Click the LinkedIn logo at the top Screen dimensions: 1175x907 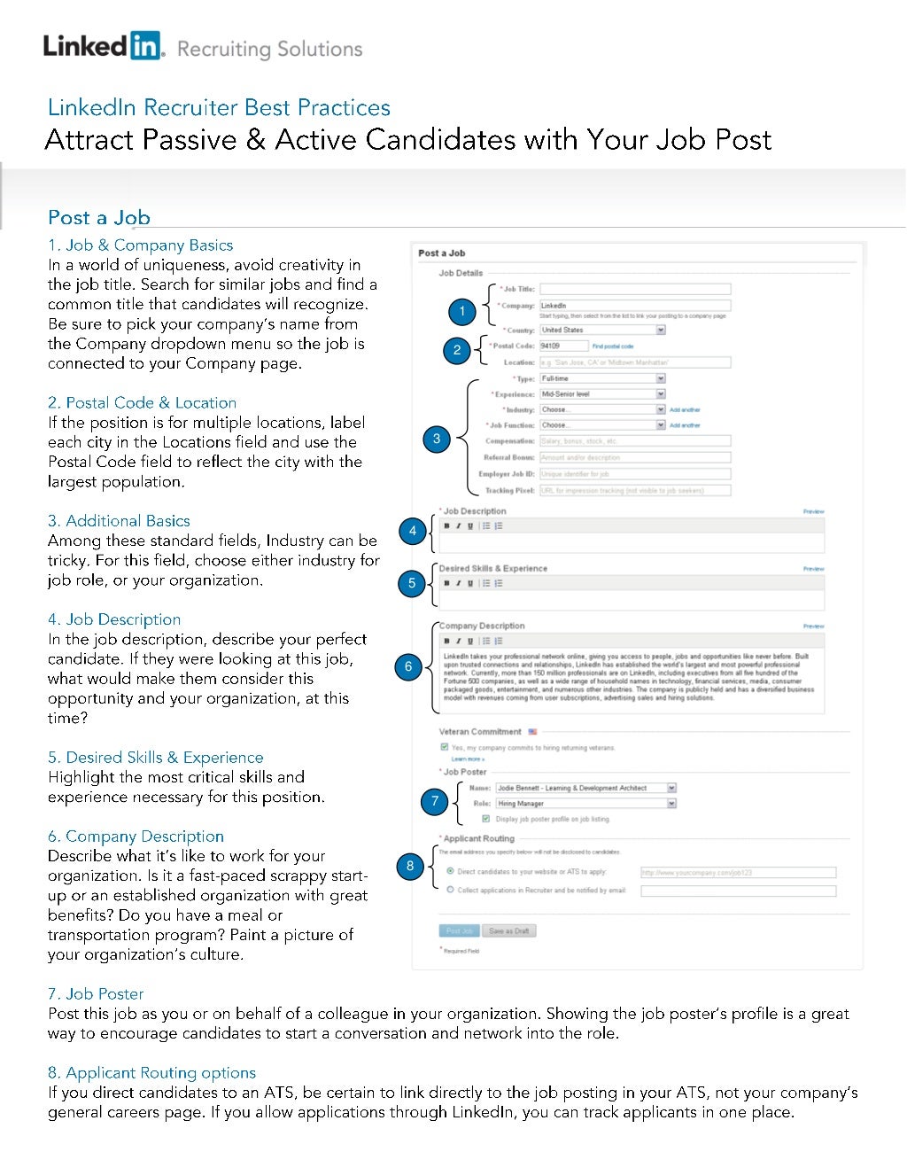point(103,46)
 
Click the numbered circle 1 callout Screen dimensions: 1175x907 point(461,311)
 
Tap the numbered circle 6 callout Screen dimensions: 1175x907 point(408,667)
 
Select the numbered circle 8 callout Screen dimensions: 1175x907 point(409,866)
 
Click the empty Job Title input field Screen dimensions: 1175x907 point(635,289)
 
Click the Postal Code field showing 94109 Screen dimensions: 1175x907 point(563,346)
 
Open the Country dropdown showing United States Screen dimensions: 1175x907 point(602,330)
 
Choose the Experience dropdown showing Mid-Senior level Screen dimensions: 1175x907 point(602,393)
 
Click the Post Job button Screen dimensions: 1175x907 point(459,930)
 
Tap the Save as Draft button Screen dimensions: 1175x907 point(508,930)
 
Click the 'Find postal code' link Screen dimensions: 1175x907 point(613,346)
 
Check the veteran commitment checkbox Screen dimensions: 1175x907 point(445,747)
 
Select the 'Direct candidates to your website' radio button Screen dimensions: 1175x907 point(451,872)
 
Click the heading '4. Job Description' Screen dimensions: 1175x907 point(114,619)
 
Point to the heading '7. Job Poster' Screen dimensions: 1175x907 point(96,993)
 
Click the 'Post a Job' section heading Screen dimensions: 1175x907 point(99,218)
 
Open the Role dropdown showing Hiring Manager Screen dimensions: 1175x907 point(585,804)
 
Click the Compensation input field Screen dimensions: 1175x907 point(635,440)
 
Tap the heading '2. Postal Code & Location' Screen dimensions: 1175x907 point(142,402)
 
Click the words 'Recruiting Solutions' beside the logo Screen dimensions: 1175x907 point(270,49)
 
